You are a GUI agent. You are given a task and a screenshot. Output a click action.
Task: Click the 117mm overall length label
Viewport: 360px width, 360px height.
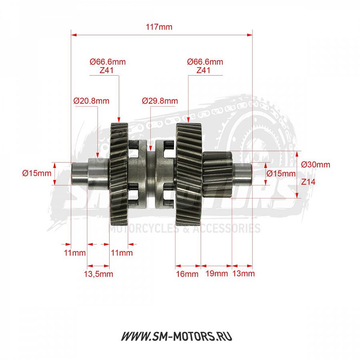click(159, 27)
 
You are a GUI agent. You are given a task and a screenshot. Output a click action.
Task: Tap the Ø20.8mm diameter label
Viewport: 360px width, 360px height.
click(91, 101)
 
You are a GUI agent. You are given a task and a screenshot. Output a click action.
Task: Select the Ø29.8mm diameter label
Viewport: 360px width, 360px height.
click(160, 101)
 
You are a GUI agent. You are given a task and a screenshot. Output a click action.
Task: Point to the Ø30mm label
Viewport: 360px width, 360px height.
click(316, 164)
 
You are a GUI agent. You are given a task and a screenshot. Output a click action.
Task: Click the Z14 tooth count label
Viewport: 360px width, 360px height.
click(308, 182)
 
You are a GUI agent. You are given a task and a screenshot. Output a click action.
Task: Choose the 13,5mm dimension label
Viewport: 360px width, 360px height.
click(98, 274)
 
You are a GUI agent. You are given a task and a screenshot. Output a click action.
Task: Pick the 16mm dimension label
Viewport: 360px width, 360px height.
click(187, 274)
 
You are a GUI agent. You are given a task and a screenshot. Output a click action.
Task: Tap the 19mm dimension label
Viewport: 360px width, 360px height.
click(216, 274)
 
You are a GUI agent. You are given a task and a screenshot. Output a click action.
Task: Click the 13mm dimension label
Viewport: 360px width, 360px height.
click(243, 274)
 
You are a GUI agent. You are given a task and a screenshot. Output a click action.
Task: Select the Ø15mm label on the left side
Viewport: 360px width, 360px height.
click(37, 173)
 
